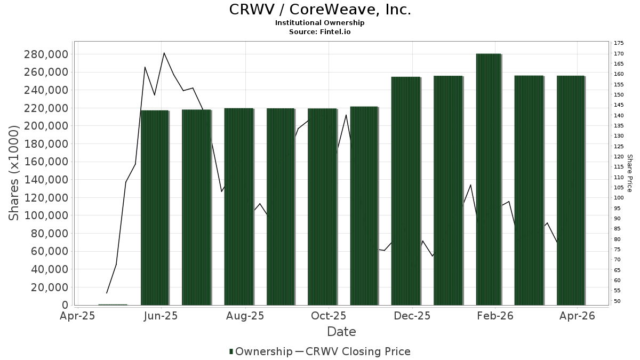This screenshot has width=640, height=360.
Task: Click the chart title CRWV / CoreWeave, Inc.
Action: (x=320, y=10)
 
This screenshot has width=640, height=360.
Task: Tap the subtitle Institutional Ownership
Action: (x=320, y=23)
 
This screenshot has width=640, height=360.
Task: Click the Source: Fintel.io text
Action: (x=320, y=32)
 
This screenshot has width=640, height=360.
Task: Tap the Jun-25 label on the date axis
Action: (x=161, y=316)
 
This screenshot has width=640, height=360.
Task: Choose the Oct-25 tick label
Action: (x=329, y=316)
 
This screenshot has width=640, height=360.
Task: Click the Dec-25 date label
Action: (x=412, y=316)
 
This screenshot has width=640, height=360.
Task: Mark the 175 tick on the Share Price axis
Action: (x=619, y=43)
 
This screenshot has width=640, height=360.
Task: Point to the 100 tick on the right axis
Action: (x=619, y=198)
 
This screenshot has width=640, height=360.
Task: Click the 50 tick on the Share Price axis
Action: (x=618, y=301)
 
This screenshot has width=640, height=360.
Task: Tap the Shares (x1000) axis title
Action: (x=14, y=173)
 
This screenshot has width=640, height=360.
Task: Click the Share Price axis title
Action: (x=629, y=173)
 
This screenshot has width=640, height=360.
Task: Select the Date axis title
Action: (x=341, y=332)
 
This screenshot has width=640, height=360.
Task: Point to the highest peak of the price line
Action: (x=164, y=53)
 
